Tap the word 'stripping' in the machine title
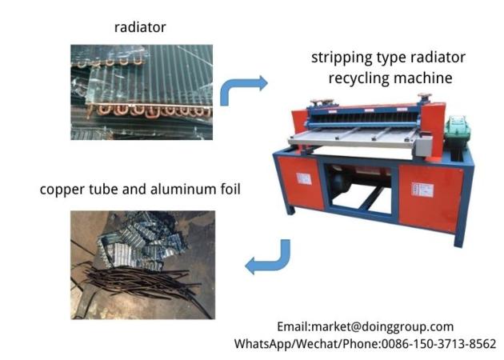click(339, 58)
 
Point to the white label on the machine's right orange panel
click(417, 190)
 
